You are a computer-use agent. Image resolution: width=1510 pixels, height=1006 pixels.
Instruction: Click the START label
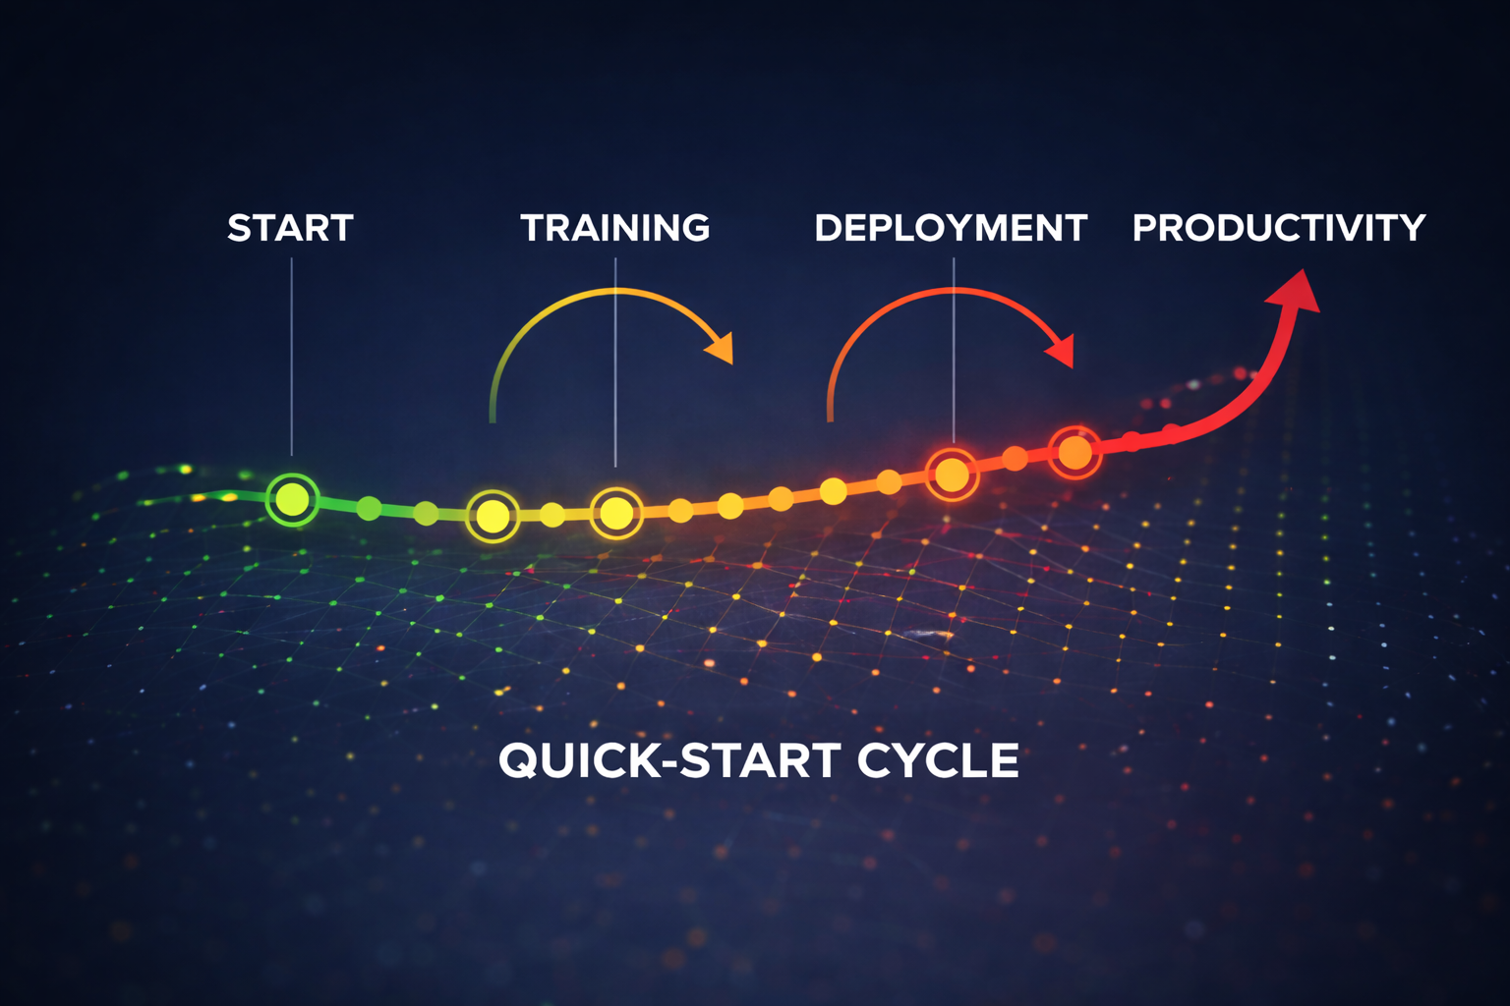coord(290,228)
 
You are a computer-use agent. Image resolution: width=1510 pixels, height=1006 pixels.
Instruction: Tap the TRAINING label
coord(615,228)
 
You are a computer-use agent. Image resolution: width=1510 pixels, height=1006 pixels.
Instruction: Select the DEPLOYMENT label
coord(951,228)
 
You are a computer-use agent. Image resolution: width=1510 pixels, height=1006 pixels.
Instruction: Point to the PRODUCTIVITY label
coord(1278,228)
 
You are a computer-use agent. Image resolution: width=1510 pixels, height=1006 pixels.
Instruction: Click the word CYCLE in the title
coord(938,760)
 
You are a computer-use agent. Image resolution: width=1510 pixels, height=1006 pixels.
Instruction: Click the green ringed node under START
coord(292,499)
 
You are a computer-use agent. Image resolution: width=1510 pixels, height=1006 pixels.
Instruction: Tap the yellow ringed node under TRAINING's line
coord(616,512)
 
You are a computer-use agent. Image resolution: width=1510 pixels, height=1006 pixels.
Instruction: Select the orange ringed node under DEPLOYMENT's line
coord(952,475)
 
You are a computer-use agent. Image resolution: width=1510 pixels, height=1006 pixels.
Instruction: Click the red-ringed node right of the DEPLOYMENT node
coord(1074,452)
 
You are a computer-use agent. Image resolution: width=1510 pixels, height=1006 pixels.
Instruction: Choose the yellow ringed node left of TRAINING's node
coord(493,515)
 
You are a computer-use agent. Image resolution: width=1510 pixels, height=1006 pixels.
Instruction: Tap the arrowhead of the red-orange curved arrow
coord(1062,350)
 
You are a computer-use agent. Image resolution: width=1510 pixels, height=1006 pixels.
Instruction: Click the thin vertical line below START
coord(292,354)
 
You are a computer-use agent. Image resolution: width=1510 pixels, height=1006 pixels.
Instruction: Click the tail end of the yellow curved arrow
coord(493,418)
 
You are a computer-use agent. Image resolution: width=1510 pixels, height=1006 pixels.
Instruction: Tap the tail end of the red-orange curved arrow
coord(831,417)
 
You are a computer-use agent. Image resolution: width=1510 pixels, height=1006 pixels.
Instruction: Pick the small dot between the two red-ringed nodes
coord(1015,458)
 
